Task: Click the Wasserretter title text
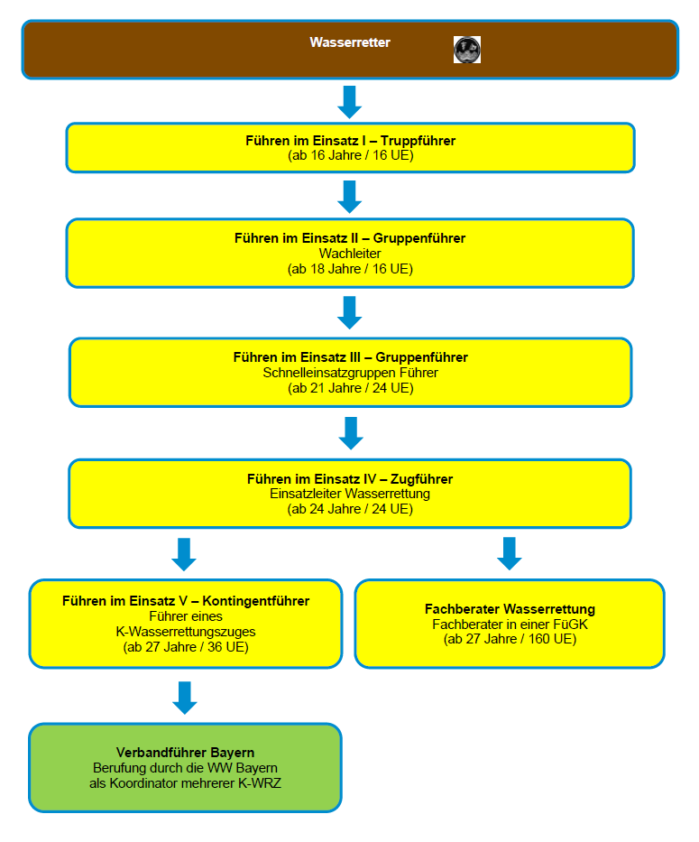coord(350,42)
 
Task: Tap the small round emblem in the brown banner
coord(467,50)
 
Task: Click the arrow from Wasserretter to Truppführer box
coord(350,102)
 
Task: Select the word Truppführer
coord(418,141)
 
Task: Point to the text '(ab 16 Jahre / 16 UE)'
coord(351,155)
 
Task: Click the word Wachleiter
coord(350,254)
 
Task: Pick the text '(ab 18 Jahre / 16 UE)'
coord(350,269)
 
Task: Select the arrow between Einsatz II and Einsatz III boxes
coord(350,312)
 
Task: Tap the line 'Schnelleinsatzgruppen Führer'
coord(350,373)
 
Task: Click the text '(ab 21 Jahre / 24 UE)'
coord(351,388)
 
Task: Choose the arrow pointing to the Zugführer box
coord(351,433)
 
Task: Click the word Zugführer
coord(421,479)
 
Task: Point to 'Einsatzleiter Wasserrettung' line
coord(350,494)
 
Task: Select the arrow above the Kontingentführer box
coord(184,554)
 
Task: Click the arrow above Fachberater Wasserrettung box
coord(510,553)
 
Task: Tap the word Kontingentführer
coord(255,601)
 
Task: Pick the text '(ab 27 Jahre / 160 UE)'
coord(510,639)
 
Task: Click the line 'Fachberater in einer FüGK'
coord(510,625)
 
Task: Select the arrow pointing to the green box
coord(185,699)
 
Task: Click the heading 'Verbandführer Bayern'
coord(185,753)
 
